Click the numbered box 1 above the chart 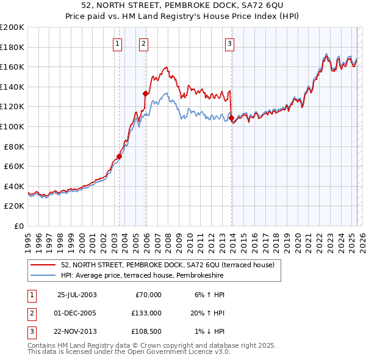pos(117,43)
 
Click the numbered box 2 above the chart pos(143,43)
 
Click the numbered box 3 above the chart pos(229,43)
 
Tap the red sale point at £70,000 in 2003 pos(120,156)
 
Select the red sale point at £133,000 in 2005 pos(146,93)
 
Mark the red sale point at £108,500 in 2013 pos(232,118)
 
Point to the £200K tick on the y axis pos(12,27)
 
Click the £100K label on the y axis pos(12,127)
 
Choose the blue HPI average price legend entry pos(142,276)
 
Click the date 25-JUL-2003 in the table pos(77,295)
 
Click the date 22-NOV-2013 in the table pos(77,332)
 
